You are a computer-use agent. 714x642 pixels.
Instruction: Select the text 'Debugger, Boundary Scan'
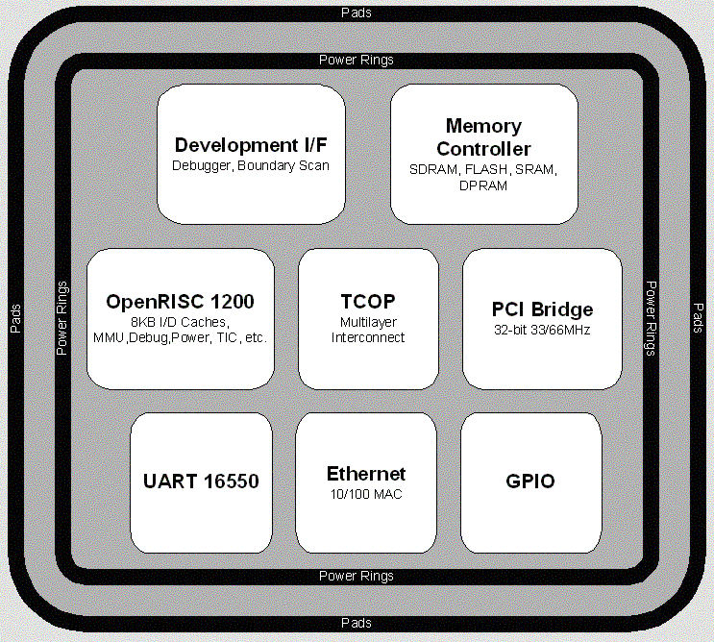250,165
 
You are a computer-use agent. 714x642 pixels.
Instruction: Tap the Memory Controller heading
483,137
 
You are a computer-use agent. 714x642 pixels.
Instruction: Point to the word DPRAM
483,185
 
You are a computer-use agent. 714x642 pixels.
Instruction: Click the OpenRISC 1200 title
181,302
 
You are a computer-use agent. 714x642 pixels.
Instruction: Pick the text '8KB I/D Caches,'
181,322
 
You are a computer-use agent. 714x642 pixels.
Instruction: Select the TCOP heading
368,302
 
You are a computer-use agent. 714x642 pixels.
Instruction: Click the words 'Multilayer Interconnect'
368,330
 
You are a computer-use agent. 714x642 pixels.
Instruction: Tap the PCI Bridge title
542,309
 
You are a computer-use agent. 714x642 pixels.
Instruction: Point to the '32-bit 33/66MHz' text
542,330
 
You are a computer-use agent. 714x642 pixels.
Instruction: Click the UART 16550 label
201,481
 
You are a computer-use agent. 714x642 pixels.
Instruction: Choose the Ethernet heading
366,474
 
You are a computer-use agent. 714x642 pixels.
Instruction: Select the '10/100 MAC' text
366,494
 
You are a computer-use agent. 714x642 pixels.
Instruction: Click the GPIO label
530,481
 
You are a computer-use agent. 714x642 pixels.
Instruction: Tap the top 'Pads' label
357,12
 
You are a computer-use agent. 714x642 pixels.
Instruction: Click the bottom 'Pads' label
357,624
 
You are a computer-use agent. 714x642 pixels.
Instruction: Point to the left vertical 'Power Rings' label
62,318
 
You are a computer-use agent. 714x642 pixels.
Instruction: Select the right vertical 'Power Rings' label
651,318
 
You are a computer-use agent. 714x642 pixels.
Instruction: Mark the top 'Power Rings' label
357,60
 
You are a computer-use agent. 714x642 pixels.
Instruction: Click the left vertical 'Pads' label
15,318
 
